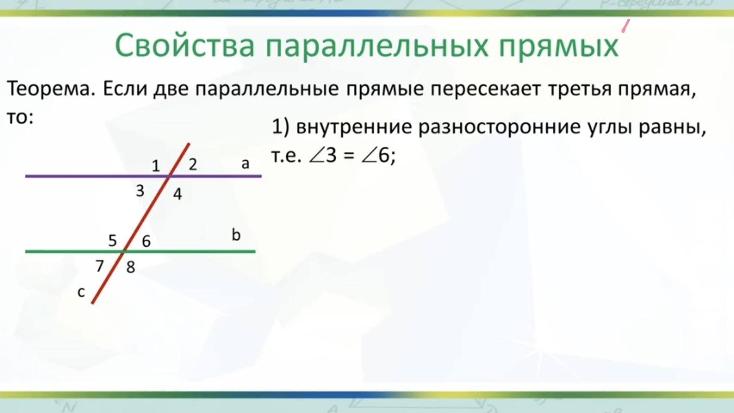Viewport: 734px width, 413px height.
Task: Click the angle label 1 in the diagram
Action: click(156, 166)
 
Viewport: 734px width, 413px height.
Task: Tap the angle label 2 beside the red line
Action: click(193, 164)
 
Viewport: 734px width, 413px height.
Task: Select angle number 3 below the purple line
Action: click(140, 190)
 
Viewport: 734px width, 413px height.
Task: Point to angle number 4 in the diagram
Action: click(178, 194)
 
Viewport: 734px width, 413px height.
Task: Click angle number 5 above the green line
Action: click(112, 241)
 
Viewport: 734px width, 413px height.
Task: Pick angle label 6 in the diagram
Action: click(146, 241)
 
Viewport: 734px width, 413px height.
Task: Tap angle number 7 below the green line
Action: click(100, 266)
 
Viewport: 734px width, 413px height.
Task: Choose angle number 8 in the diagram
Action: click(131, 267)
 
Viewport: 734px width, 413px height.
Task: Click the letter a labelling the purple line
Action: click(245, 164)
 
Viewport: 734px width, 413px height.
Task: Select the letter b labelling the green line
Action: click(236, 235)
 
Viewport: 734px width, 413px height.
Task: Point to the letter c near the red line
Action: click(81, 292)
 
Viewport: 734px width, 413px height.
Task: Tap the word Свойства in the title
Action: click(185, 46)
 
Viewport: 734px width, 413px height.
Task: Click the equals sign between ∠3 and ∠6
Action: click(348, 156)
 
